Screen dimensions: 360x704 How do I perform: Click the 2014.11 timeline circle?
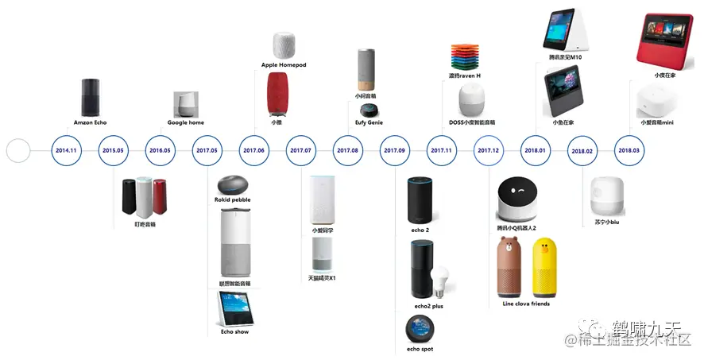[x=66, y=150]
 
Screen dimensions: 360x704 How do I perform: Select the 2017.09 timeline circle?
[x=394, y=150]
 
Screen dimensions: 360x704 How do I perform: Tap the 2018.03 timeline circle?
[x=630, y=150]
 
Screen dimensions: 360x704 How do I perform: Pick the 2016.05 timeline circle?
[x=160, y=150]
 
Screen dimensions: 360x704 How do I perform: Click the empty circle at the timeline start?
[x=17, y=150]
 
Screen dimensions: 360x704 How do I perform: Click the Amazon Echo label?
[x=90, y=123]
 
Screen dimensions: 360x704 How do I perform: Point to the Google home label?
[x=186, y=123]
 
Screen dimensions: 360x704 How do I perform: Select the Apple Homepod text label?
[x=284, y=65]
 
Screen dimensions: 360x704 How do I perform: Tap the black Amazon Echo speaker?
[x=91, y=99]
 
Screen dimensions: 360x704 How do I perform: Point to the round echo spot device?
[x=418, y=328]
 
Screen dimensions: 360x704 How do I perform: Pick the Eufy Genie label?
[x=369, y=123]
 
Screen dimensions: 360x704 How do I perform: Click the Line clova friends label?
[x=526, y=304]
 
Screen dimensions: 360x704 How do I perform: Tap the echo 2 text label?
[x=420, y=230]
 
